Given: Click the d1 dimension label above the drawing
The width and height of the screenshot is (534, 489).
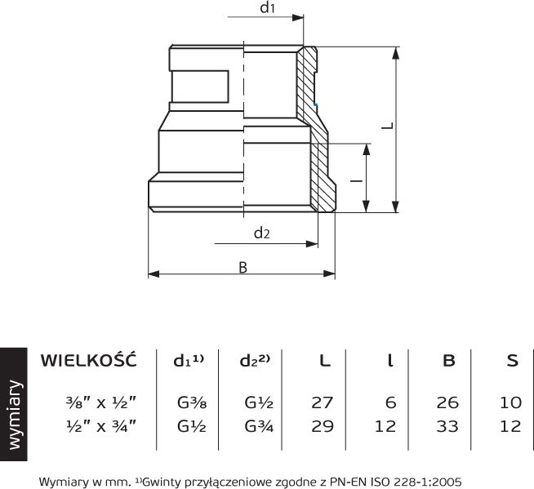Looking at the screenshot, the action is point(267,7).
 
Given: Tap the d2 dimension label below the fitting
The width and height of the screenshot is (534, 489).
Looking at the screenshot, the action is point(261,233).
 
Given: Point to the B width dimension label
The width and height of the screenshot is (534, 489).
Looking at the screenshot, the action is point(243,268).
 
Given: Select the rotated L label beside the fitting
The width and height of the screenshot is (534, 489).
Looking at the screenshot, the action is point(387,126).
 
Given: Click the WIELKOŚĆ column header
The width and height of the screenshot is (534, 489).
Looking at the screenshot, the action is point(88,359).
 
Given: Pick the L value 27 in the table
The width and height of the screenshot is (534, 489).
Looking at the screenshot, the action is point(323,402).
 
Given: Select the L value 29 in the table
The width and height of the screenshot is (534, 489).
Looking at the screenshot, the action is point(323,426).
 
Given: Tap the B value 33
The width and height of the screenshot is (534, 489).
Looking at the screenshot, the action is point(447,426).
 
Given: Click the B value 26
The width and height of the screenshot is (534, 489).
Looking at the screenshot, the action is point(447,402).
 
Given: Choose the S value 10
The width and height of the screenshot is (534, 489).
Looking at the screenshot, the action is point(510,402).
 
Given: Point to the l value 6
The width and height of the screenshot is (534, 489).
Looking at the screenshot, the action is point(391,402).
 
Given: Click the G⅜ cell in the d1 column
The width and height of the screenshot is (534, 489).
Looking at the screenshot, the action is point(192,402).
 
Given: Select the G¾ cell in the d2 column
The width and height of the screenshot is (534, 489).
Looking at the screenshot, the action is point(259,426).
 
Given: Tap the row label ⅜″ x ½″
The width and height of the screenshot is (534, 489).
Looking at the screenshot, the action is point(101,402).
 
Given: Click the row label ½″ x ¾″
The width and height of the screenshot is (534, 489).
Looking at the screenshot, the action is point(101,426).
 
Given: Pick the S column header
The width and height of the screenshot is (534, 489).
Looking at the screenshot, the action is point(512,360).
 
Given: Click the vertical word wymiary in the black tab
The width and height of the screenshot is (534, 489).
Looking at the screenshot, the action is point(15,415).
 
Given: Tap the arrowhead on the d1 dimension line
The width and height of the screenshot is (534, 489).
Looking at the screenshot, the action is point(298,17).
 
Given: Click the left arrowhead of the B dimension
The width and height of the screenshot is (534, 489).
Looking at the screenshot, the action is point(154,273).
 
